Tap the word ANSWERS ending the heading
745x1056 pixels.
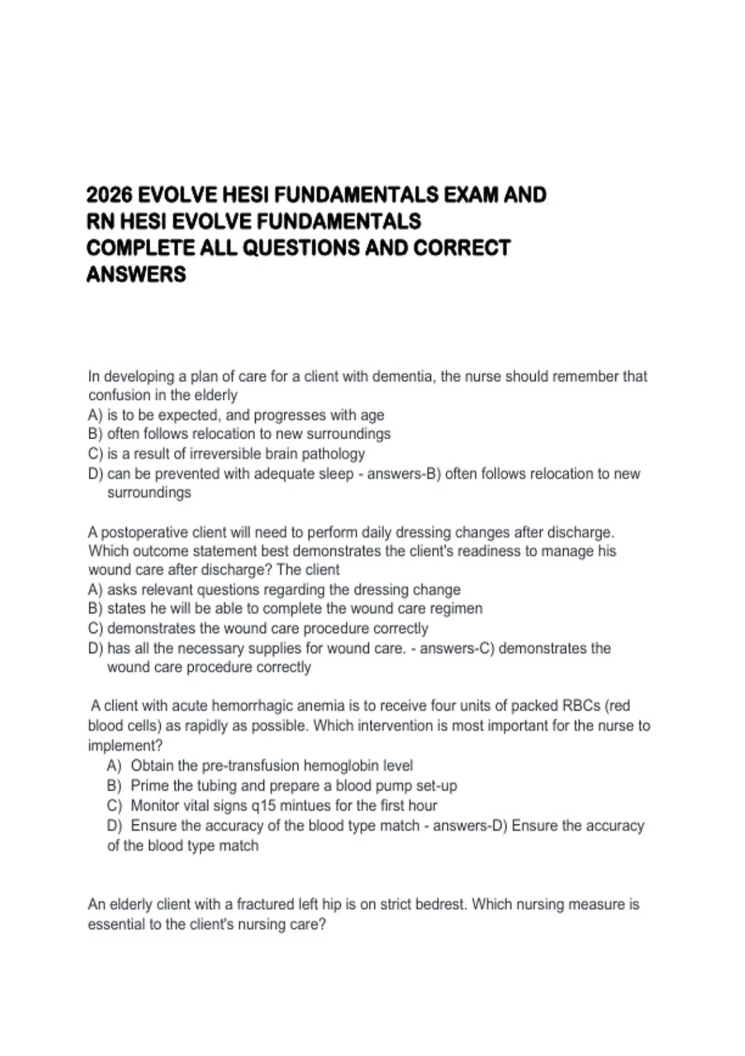136,274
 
